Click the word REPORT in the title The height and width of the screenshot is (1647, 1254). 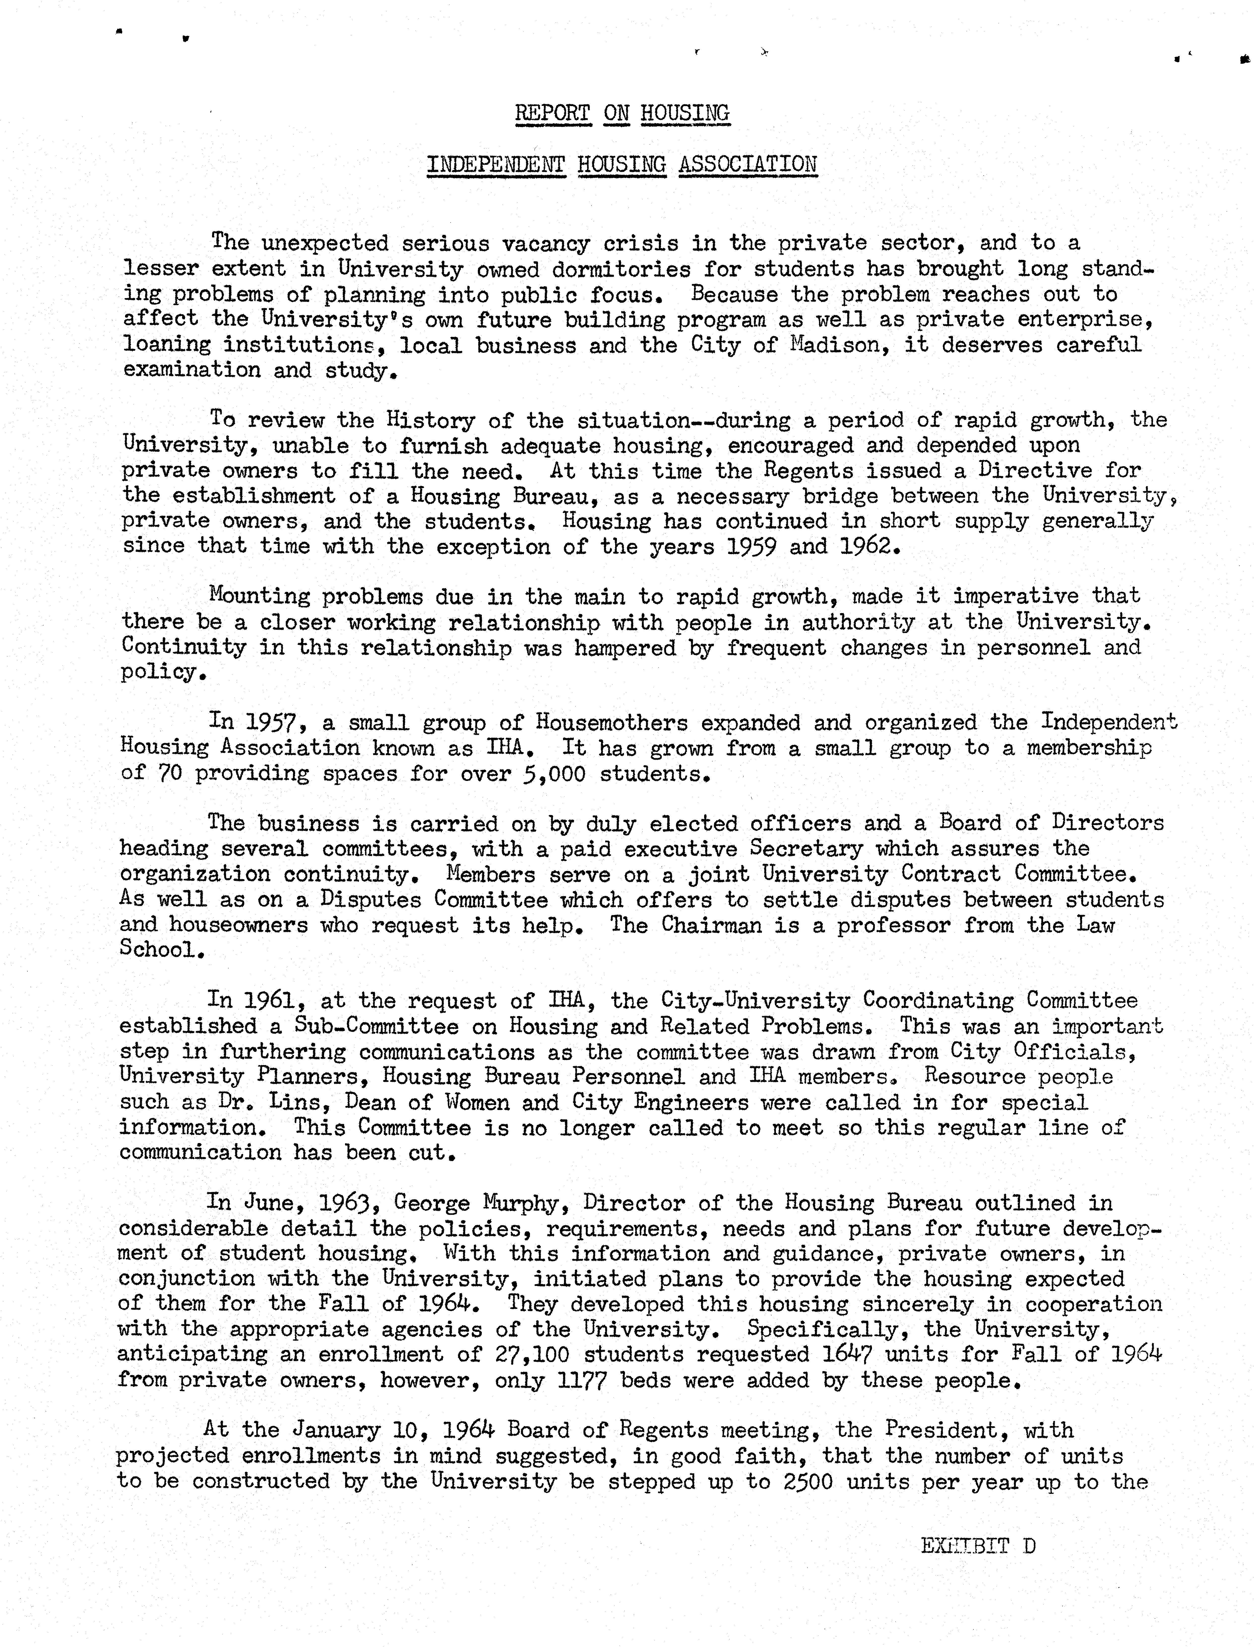552,113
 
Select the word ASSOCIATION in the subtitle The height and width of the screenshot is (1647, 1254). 748,164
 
